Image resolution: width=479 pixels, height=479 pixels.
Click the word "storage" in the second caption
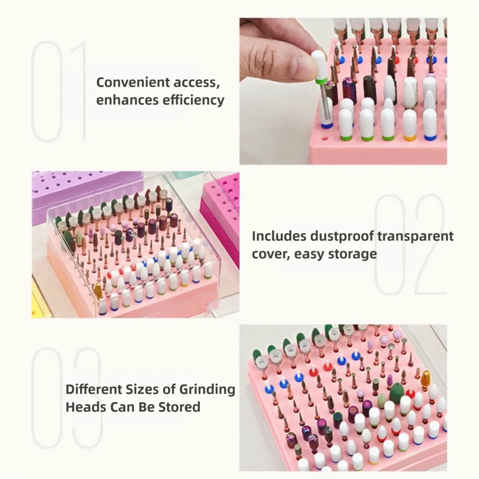(353, 254)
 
